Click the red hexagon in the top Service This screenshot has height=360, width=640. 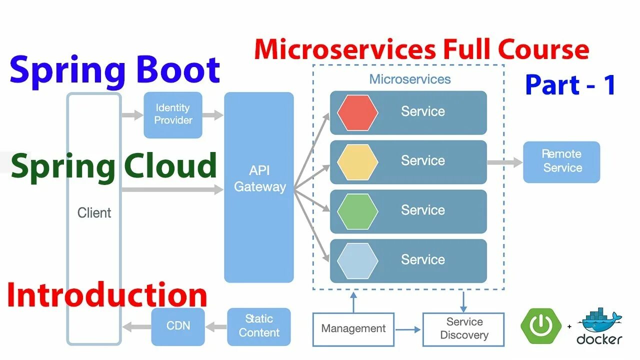357,113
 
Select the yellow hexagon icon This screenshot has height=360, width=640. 357,162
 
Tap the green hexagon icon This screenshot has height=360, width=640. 357,211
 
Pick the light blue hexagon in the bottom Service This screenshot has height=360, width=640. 357,261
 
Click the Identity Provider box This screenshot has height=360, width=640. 173,115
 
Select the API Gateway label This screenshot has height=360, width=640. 259,178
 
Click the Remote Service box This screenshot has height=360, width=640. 561,162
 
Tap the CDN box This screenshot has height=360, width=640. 178,326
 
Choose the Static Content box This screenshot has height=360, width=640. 259,326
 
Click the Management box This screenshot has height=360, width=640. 353,329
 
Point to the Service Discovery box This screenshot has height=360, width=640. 463,329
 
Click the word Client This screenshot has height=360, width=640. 94,213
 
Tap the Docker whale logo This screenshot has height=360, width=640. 599,326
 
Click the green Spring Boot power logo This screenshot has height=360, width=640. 541,326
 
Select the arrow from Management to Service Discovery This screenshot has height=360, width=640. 407,329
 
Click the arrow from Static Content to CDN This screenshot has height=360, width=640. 216,327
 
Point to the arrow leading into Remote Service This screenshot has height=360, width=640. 505,162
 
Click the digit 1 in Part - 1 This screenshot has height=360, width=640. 609,84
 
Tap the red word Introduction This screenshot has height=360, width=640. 107,295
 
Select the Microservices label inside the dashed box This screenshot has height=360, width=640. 410,79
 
